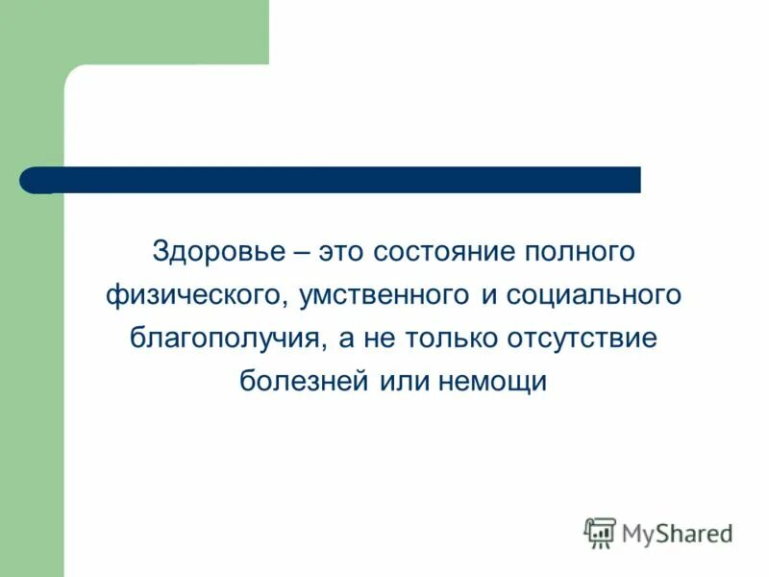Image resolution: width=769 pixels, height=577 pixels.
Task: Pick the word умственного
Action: tap(377, 296)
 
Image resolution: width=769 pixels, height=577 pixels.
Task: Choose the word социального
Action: tap(593, 296)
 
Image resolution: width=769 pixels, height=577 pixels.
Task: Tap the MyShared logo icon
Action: tap(600, 532)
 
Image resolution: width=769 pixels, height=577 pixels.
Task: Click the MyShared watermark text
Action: tap(677, 532)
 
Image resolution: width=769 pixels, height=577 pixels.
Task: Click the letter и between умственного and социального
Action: tap(489, 296)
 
